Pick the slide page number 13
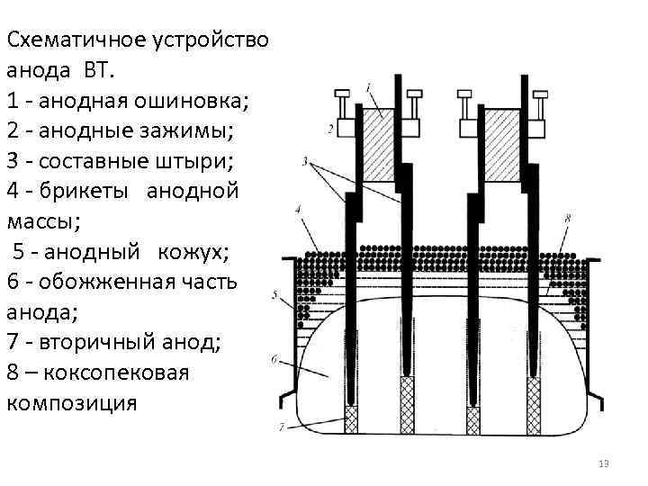(x=604, y=463)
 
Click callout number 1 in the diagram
(x=370, y=86)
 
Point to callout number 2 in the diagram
(x=330, y=130)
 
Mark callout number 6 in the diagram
(x=273, y=360)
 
